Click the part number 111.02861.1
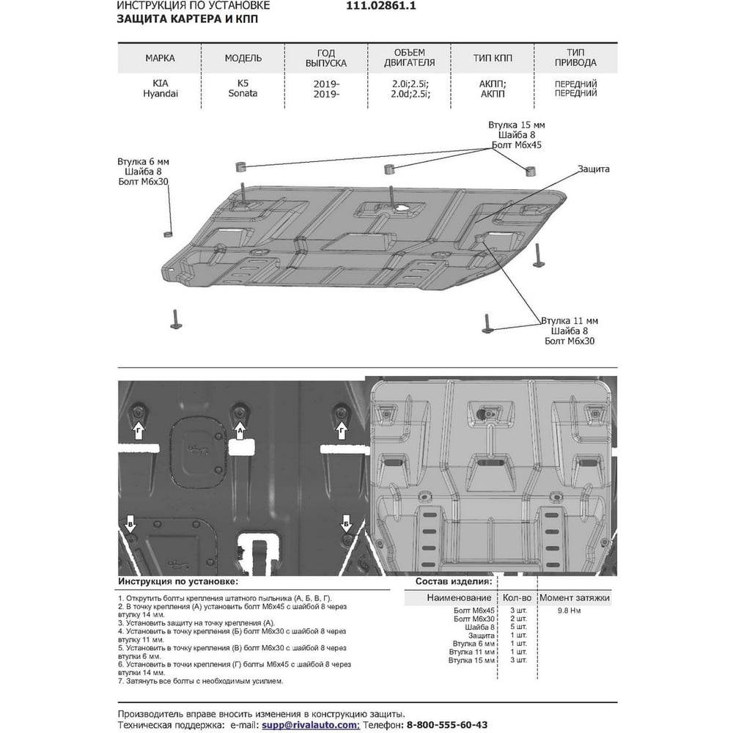381,6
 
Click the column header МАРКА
160,58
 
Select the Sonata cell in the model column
243,93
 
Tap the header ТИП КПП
493,58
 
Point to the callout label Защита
593,169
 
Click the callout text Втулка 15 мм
517,125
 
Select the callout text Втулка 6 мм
143,161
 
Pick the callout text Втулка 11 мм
570,321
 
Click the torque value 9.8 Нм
569,611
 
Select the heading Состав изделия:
454,581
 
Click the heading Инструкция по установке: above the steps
177,581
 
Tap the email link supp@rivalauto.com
310,725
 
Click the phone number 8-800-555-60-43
447,725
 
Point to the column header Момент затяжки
575,597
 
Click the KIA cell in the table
161,84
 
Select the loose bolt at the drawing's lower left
176,320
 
